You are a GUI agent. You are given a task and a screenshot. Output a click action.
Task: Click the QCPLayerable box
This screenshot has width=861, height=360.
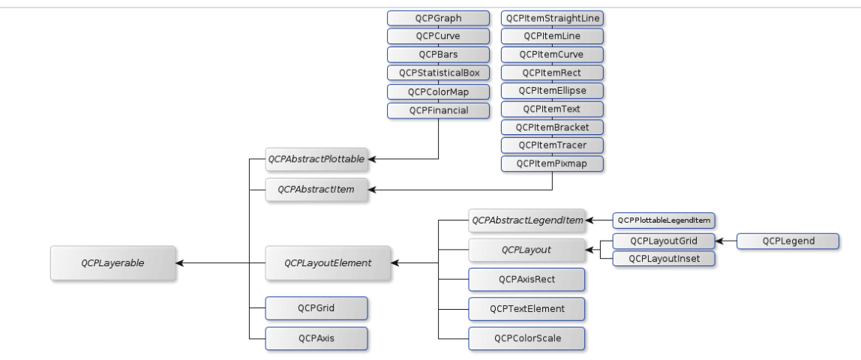tap(113, 263)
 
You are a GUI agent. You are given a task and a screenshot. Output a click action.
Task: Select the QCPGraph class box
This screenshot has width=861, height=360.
tap(438, 18)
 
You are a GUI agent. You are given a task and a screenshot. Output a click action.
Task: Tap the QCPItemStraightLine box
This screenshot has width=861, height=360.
tap(553, 18)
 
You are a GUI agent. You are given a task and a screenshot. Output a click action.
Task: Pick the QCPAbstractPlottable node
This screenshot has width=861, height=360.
tap(316, 159)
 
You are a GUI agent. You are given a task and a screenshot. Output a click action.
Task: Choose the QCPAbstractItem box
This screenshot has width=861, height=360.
tap(316, 190)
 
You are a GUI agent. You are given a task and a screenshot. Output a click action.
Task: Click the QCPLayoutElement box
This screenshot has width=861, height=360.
tap(328, 263)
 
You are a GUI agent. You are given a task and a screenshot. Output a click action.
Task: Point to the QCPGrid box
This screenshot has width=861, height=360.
tap(316, 307)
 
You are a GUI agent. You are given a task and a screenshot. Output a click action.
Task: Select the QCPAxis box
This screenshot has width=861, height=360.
tap(316, 338)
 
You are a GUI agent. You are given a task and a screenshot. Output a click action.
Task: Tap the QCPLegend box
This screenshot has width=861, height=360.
tap(787, 241)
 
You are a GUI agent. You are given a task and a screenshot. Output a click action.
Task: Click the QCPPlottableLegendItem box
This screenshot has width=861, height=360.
tap(664, 220)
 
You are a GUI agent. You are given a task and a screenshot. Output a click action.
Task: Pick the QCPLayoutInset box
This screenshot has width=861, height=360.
tap(664, 259)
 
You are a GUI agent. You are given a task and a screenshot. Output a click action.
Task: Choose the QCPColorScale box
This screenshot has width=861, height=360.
tap(526, 338)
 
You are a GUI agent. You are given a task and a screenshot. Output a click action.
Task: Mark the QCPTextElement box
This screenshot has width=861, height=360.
tap(526, 307)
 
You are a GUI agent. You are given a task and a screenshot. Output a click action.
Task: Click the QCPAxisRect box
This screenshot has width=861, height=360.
tap(526, 279)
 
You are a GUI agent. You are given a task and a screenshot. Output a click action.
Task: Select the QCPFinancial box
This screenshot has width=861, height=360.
tap(438, 110)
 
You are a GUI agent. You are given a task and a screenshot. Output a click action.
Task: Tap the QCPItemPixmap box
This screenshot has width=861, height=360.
tap(553, 162)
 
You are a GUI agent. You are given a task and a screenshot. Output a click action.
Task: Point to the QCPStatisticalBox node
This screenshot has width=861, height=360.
tap(438, 73)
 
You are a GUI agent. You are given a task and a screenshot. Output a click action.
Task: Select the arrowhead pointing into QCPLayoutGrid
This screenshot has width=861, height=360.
tap(719, 241)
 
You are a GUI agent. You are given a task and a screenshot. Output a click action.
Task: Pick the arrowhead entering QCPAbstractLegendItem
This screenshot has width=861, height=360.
tap(590, 220)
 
